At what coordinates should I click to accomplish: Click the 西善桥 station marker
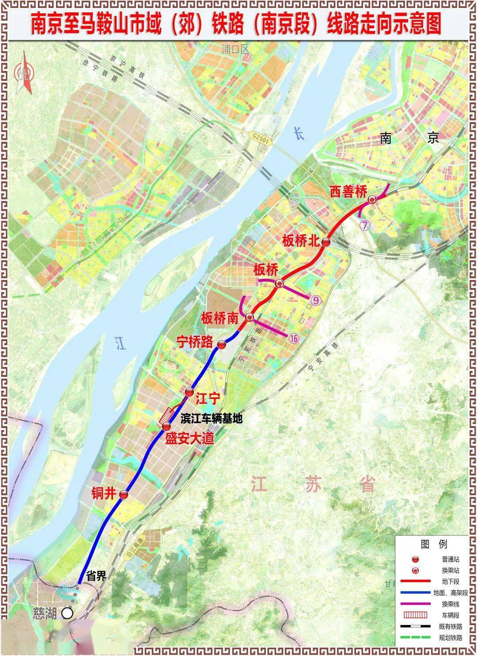click(x=372, y=200)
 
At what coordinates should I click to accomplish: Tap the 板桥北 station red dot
click(x=326, y=242)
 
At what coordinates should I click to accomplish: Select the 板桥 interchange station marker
click(x=279, y=283)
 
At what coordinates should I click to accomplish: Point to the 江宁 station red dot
click(x=189, y=392)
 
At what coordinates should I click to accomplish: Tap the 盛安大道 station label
click(x=189, y=439)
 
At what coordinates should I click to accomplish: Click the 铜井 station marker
click(x=124, y=495)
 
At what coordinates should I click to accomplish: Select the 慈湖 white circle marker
click(x=67, y=613)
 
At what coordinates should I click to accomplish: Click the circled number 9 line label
click(x=315, y=300)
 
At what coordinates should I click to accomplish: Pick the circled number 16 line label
click(x=294, y=339)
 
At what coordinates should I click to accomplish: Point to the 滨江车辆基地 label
click(x=212, y=418)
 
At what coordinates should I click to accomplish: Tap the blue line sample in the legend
click(x=415, y=593)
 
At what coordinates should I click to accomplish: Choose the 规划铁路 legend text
click(x=451, y=637)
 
